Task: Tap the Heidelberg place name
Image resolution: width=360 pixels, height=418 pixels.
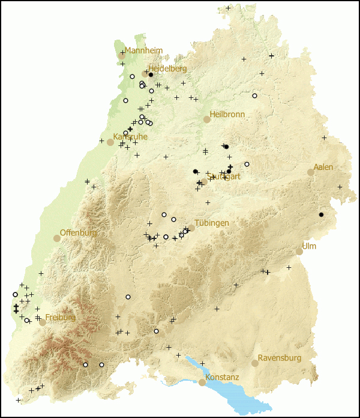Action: tap(167, 68)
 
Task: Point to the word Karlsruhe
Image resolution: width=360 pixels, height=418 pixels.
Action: tap(130, 136)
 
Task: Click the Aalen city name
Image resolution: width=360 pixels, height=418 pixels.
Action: tap(323, 167)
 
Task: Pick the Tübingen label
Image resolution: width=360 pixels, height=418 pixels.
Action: tap(212, 223)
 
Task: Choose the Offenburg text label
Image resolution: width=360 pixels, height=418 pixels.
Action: tap(78, 232)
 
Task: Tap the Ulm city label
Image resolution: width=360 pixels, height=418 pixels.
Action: tap(309, 246)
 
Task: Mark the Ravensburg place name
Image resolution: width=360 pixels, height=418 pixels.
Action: tap(281, 358)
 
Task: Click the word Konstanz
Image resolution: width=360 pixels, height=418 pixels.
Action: tap(222, 377)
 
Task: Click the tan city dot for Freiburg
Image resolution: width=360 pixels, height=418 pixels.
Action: tap(43, 323)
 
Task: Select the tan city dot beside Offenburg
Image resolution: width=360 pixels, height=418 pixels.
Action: tap(57, 238)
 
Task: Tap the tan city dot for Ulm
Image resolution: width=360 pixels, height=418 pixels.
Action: tap(299, 252)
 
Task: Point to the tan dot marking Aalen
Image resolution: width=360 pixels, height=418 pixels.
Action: tap(311, 172)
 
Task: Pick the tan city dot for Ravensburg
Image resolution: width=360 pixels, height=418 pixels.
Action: tap(255, 363)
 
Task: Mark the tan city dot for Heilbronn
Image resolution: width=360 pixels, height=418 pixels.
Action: tap(207, 120)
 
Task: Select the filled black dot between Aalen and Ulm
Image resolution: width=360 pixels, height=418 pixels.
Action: tap(321, 215)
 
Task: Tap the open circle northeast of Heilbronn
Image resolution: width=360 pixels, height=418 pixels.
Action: tap(254, 95)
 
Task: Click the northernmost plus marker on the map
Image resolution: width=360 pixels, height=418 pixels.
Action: tap(228, 8)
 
